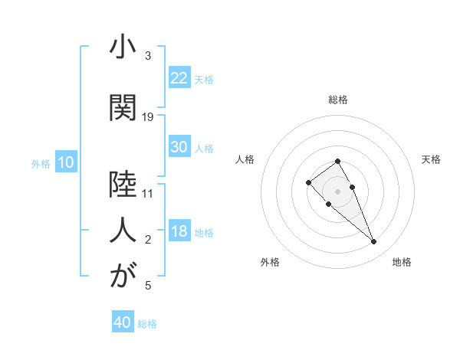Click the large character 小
tap(122, 48)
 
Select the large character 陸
tap(122, 184)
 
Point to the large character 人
tap(122, 229)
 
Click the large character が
tap(122, 277)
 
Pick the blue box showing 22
tap(179, 77)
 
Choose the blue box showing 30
tap(179, 147)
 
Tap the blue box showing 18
tap(179, 232)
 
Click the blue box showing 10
tap(65, 162)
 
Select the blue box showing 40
tap(123, 322)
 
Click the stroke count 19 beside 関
tap(148, 116)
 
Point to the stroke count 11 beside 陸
tap(148, 193)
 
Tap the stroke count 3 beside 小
tap(148, 56)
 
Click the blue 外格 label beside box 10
tap(41, 163)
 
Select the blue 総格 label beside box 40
tap(147, 324)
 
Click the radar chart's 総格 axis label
tap(337, 100)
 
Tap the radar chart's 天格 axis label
tap(432, 159)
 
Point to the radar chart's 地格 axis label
tap(402, 262)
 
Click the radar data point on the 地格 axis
tap(373, 242)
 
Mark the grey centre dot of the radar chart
tap(337, 191)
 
